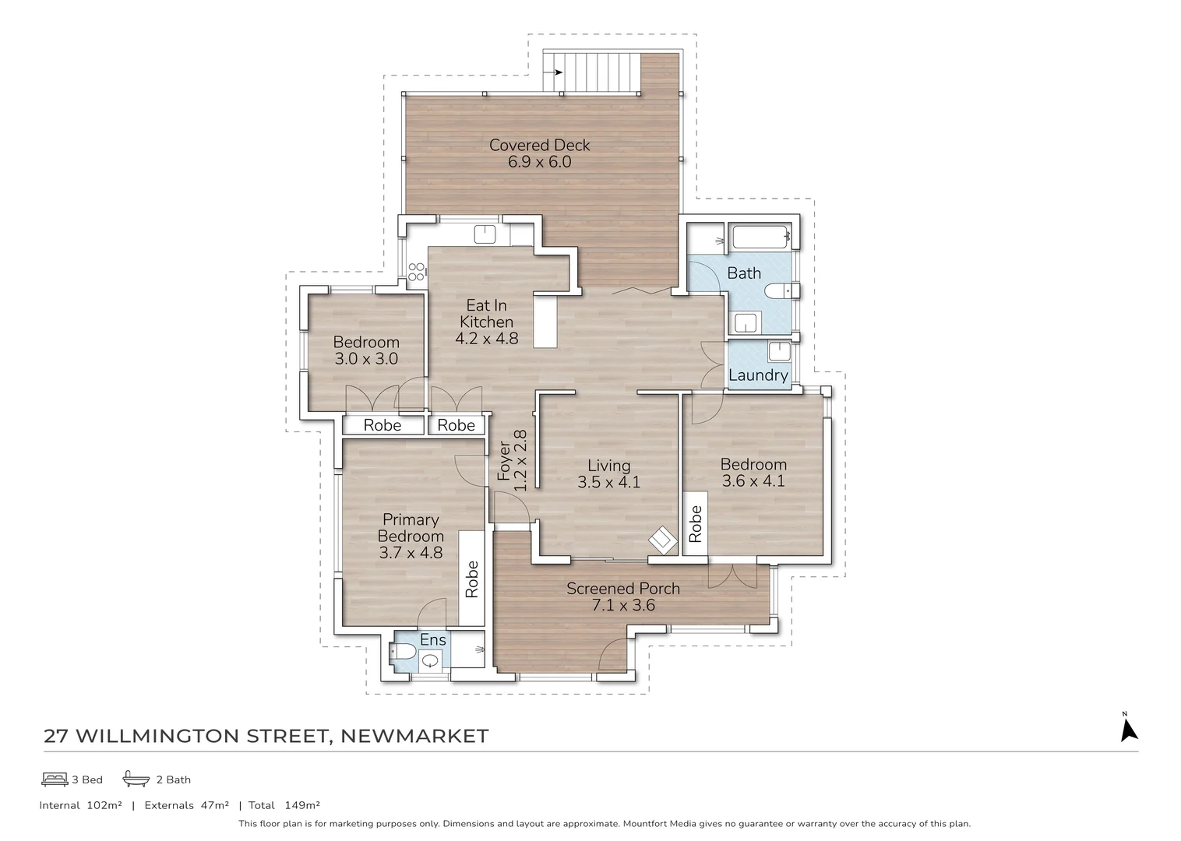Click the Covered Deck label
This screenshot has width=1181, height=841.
(539, 146)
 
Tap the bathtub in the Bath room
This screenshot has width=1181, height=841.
(760, 237)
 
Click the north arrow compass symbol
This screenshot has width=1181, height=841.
(1128, 728)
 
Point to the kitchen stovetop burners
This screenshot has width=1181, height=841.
(417, 271)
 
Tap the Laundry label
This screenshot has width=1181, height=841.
(758, 375)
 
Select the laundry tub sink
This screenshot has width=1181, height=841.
(779, 351)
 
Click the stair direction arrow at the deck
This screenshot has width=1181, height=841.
(557, 72)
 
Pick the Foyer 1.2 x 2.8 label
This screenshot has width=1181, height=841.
(513, 460)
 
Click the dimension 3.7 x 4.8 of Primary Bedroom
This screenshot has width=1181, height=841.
(411, 553)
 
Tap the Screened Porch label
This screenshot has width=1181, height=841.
(622, 589)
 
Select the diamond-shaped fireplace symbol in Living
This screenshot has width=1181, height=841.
(663, 538)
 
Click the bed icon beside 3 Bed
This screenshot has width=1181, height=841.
(55, 779)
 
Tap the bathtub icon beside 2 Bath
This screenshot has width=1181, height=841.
(136, 779)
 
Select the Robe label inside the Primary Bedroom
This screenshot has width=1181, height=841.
(471, 579)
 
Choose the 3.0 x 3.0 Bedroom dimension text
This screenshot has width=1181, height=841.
(366, 359)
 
